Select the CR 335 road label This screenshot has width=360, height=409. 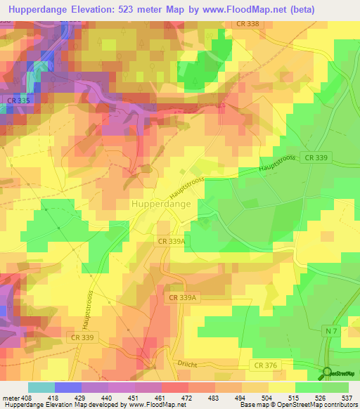[x=18, y=101]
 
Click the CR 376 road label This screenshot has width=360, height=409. [x=266, y=365]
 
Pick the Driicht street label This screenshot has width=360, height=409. [x=187, y=363]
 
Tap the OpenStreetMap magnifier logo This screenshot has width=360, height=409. [x=327, y=373]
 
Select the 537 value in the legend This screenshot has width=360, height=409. [x=347, y=397]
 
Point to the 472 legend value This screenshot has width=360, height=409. [x=188, y=397]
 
